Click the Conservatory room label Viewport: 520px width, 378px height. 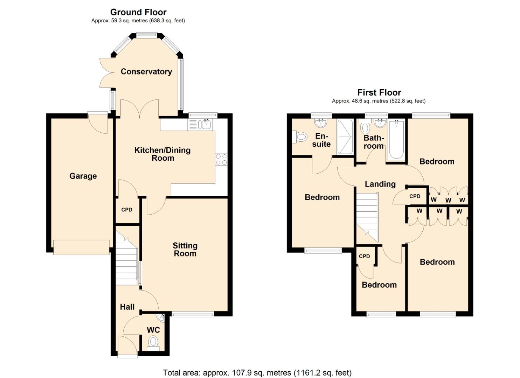[146, 71]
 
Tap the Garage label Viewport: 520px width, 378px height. [83, 176]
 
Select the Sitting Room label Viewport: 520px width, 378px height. [185, 250]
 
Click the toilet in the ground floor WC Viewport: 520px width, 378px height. [153, 341]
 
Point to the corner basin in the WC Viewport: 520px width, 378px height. [161, 318]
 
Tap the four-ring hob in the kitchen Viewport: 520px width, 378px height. [221, 159]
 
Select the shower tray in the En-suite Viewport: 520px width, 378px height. [345, 137]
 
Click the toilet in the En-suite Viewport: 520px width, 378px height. [300, 137]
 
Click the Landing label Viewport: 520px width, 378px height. [380, 184]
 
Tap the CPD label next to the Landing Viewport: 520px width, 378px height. [415, 196]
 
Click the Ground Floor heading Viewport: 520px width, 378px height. [138, 12]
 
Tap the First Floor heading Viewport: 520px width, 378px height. [379, 93]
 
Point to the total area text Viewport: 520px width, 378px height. [257, 372]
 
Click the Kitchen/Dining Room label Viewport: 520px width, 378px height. [162, 154]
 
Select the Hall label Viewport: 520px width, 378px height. [127, 307]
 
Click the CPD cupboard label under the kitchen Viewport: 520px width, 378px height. [127, 210]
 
